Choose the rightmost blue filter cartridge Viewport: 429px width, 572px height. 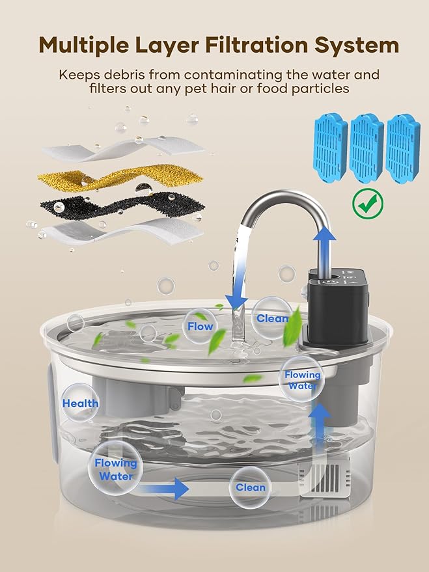402,149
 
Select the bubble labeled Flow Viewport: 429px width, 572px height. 199,326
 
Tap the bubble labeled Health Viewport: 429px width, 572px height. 81,403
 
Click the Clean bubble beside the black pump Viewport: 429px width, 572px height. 272,318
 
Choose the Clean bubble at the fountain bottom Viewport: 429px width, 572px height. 251,487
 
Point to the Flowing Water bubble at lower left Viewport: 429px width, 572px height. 116,469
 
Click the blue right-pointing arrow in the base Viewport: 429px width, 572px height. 171,487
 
